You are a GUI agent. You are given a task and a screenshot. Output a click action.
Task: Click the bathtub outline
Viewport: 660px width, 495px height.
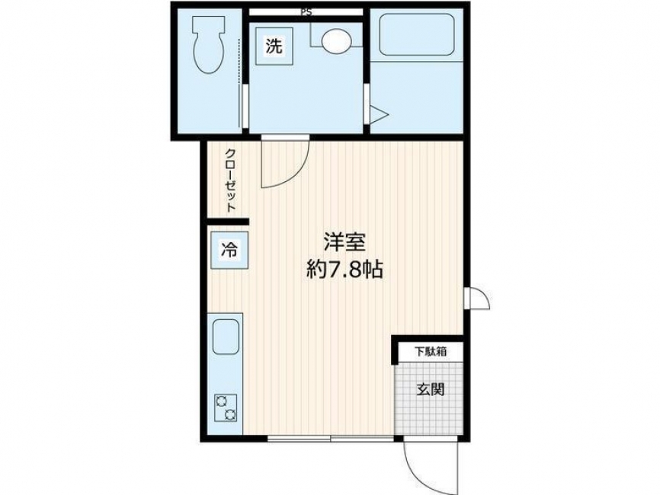click(416, 39)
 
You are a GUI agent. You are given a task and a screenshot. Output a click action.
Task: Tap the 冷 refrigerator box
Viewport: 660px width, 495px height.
click(228, 248)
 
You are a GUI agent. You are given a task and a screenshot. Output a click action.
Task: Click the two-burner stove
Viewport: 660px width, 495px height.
click(226, 407)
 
